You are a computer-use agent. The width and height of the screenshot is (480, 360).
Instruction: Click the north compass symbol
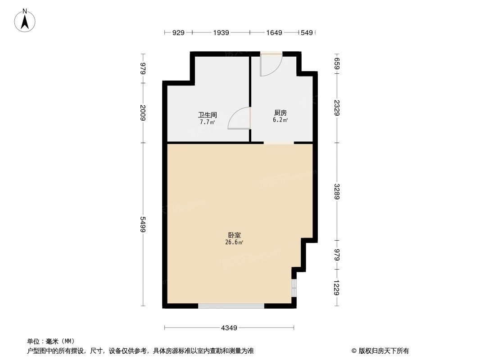(x=25, y=20)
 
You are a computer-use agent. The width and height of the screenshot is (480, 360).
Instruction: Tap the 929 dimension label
(x=179, y=32)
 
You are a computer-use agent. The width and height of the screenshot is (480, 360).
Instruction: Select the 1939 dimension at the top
(x=222, y=32)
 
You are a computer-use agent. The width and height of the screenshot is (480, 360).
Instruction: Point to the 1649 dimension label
(x=274, y=32)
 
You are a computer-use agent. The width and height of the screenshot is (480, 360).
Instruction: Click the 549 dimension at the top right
(x=307, y=32)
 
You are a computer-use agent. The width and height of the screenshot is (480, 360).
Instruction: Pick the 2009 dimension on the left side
(x=143, y=113)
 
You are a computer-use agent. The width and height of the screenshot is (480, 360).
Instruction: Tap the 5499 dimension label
(x=143, y=225)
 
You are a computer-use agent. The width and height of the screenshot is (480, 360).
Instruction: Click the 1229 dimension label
(x=336, y=288)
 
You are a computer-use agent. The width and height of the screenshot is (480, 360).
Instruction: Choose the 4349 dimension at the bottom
(x=229, y=328)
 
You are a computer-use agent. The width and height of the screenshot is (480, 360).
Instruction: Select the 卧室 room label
(x=234, y=235)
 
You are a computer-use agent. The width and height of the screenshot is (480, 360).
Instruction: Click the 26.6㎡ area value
(x=234, y=243)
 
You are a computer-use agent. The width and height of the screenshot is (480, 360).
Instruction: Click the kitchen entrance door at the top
(x=271, y=63)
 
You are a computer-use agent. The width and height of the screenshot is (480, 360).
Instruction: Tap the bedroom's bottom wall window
(x=231, y=306)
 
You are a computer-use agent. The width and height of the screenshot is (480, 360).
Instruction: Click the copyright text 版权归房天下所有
(x=380, y=351)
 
